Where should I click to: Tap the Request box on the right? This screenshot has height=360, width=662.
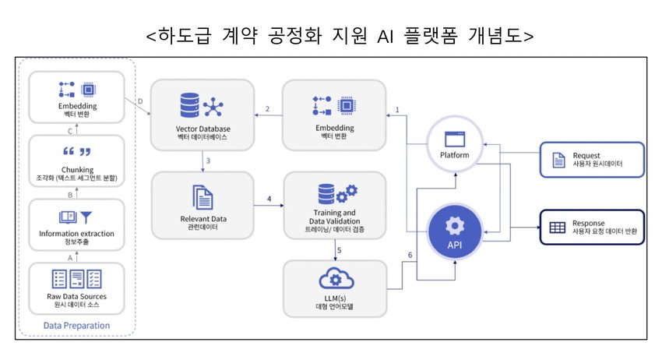tap(592, 159)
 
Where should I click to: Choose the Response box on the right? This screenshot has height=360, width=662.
tap(592, 228)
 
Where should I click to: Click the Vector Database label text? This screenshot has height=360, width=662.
tap(203, 128)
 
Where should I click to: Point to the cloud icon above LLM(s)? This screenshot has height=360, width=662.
tap(335, 279)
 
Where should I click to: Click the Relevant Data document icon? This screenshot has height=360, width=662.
tap(202, 194)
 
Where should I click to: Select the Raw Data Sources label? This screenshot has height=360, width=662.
tap(76, 297)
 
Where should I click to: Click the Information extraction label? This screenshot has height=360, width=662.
tap(76, 233)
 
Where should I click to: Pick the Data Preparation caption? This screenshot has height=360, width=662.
tap(76, 325)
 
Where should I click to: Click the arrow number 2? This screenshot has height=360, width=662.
tap(267, 108)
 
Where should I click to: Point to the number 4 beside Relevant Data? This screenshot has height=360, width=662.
tap(269, 199)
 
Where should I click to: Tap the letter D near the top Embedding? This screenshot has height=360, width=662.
tap(139, 101)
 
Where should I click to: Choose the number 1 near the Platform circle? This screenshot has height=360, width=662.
tap(397, 110)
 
